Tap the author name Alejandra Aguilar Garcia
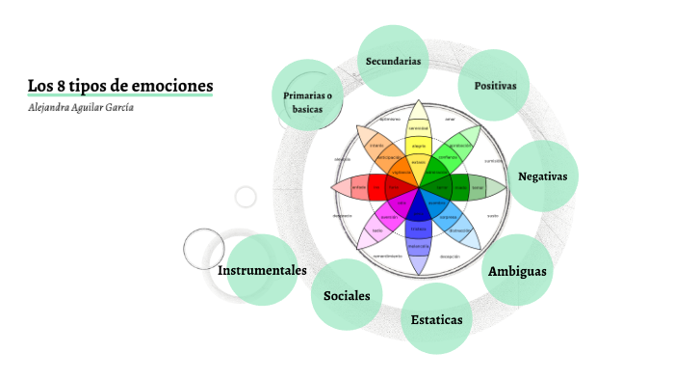tap(82, 107)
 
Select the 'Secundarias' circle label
tap(393, 61)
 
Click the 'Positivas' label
tap(495, 86)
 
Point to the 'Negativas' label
tap(542, 176)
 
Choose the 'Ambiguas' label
tap(517, 270)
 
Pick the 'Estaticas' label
tap(436, 319)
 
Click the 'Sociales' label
tap(347, 295)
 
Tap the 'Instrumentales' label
tap(262, 270)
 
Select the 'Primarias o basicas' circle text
tap(307, 102)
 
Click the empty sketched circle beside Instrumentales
tap(203, 249)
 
